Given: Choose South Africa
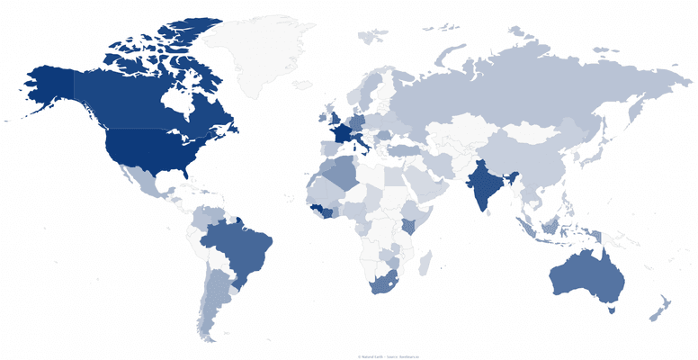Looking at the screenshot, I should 382,284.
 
